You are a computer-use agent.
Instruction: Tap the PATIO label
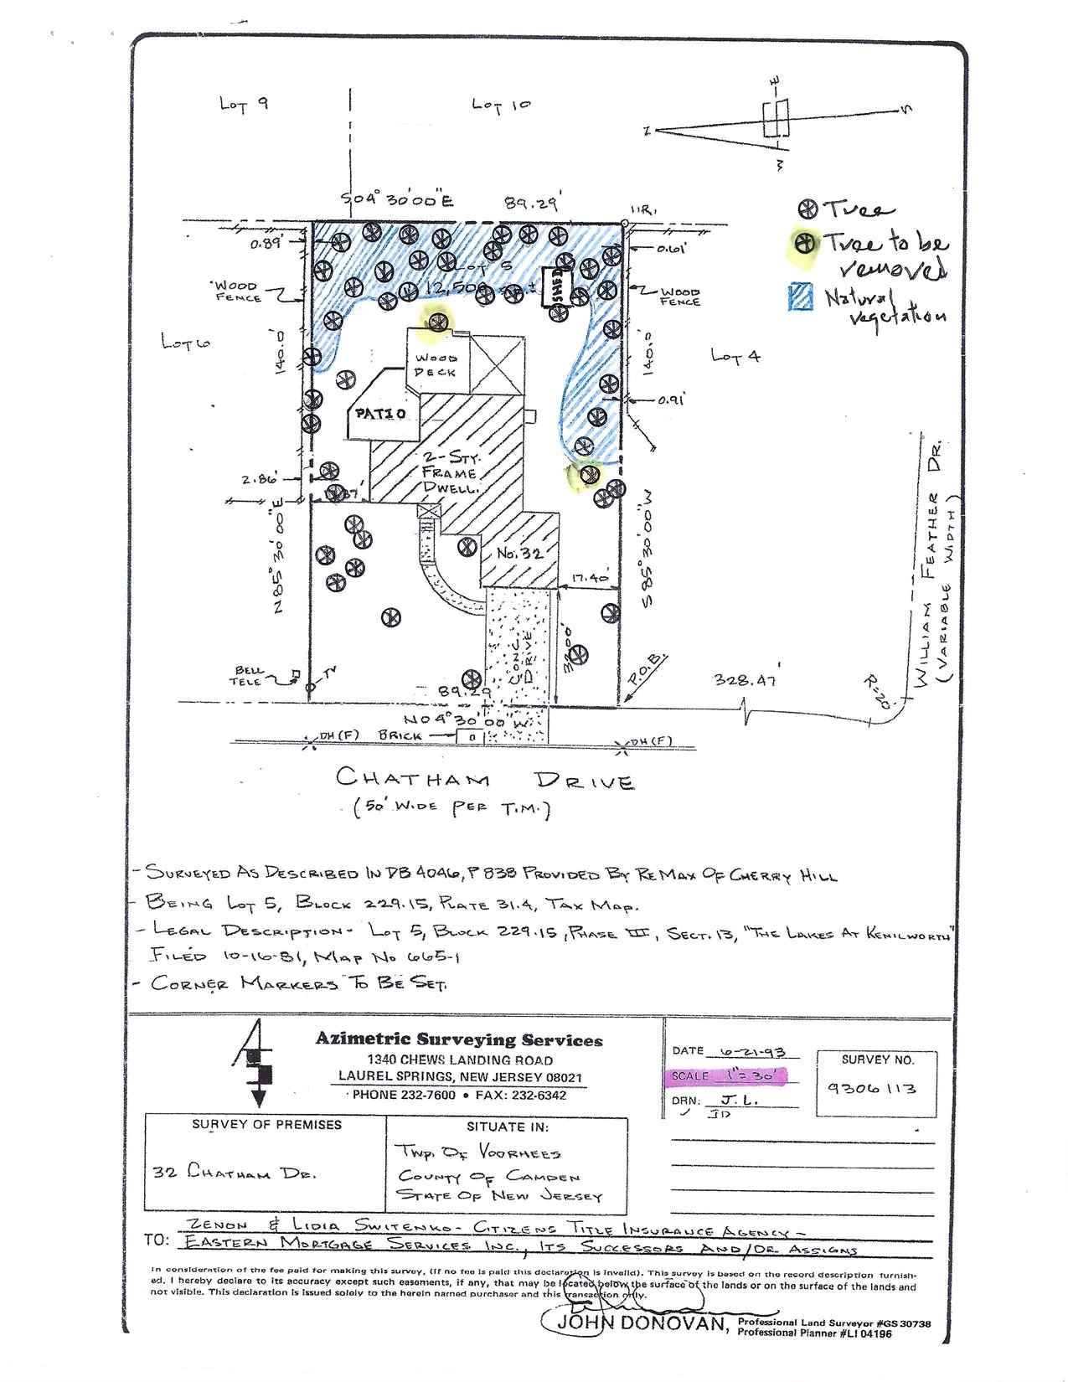pyautogui.click(x=380, y=414)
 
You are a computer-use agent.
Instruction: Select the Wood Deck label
pyautogui.click(x=436, y=365)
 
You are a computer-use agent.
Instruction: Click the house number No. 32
pyautogui.click(x=519, y=554)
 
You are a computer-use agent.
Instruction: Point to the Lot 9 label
pyautogui.click(x=244, y=104)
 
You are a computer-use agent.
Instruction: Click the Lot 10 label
pyautogui.click(x=501, y=105)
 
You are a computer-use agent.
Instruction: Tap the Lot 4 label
pyautogui.click(x=735, y=356)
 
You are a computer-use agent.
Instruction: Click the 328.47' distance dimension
pyautogui.click(x=745, y=680)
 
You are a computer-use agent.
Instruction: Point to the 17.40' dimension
pyautogui.click(x=591, y=578)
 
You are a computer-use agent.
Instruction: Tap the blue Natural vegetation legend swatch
pyautogui.click(x=801, y=297)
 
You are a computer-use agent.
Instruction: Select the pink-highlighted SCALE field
pyautogui.click(x=725, y=1076)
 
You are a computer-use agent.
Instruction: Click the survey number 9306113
pyautogui.click(x=871, y=1088)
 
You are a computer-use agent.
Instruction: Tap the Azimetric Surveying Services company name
pyautogui.click(x=459, y=1039)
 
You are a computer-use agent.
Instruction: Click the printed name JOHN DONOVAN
pyautogui.click(x=642, y=1323)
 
